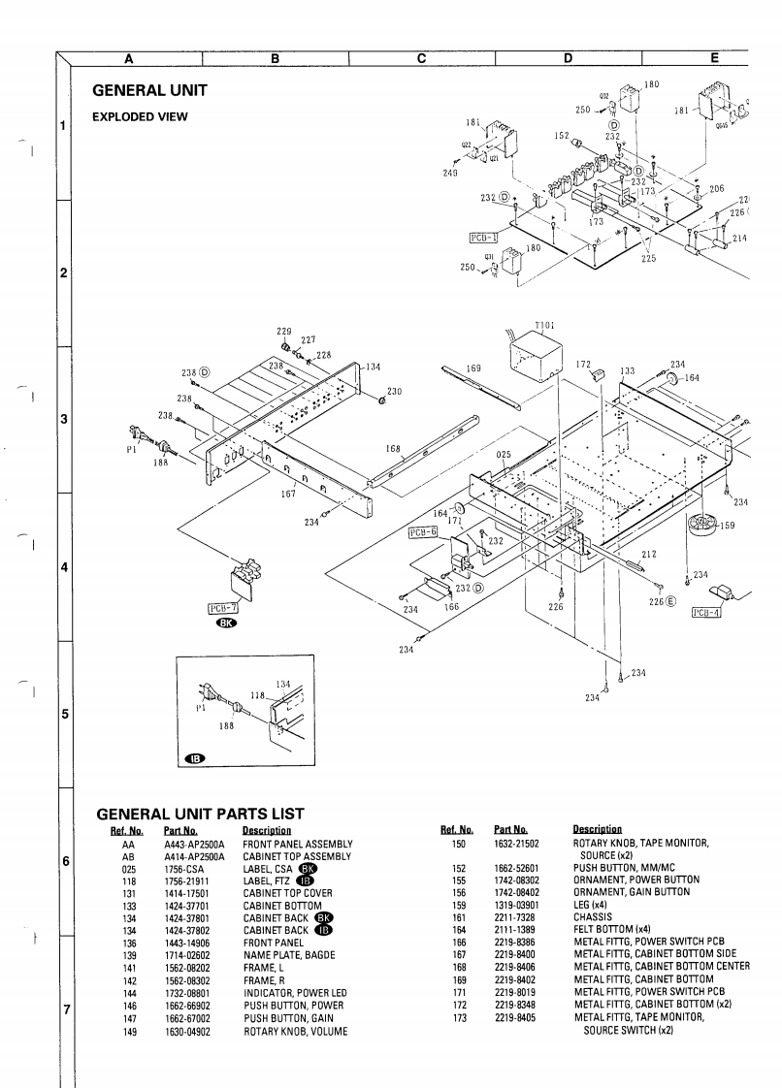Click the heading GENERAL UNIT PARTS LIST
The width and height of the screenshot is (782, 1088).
pyautogui.click(x=198, y=814)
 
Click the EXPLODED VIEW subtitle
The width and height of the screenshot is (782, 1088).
pyautogui.click(x=140, y=117)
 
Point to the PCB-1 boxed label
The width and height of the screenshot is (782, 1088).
pyautogui.click(x=483, y=235)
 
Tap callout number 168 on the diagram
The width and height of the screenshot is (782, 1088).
pyautogui.click(x=393, y=448)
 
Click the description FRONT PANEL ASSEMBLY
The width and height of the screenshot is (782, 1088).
pyautogui.click(x=297, y=845)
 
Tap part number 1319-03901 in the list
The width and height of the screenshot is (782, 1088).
pyautogui.click(x=517, y=905)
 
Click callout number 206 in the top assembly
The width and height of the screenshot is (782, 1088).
pyautogui.click(x=716, y=189)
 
